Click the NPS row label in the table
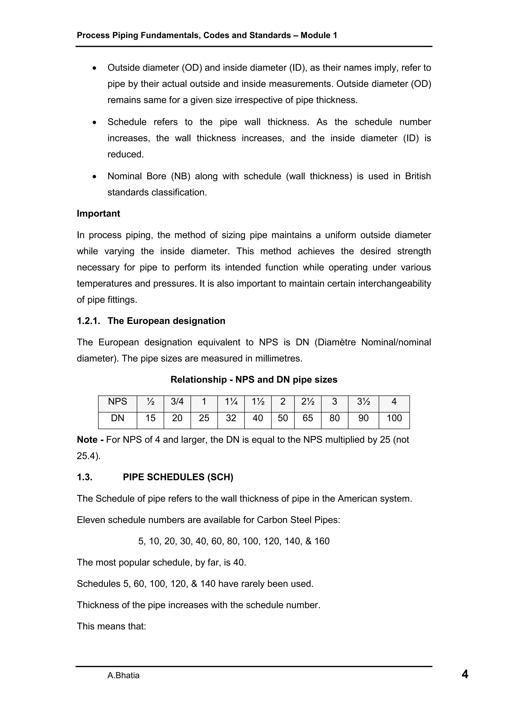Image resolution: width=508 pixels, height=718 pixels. tap(117, 402)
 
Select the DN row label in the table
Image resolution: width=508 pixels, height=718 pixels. tap(117, 418)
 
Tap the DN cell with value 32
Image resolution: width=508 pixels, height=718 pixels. tap(231, 418)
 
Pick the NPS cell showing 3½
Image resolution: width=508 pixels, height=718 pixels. tap(363, 402)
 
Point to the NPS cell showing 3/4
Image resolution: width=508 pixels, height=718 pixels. tap(177, 402)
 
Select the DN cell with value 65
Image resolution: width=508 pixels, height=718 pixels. tap(307, 418)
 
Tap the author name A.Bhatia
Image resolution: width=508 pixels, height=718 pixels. tap(123, 675)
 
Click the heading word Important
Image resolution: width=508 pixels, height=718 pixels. tap(98, 214)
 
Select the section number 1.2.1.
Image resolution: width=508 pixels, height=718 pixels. tap(88, 321)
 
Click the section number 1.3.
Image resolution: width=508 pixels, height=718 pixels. tap(85, 477)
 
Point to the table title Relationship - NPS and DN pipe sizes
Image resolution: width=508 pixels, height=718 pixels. tap(254, 380)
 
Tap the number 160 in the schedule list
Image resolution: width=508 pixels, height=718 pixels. tap(322, 541)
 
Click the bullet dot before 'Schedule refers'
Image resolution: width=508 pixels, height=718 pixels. tap(95, 123)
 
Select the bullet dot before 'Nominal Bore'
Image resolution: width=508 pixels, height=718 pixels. tap(95, 177)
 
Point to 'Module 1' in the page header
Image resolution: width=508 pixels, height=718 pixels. tap(319, 35)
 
